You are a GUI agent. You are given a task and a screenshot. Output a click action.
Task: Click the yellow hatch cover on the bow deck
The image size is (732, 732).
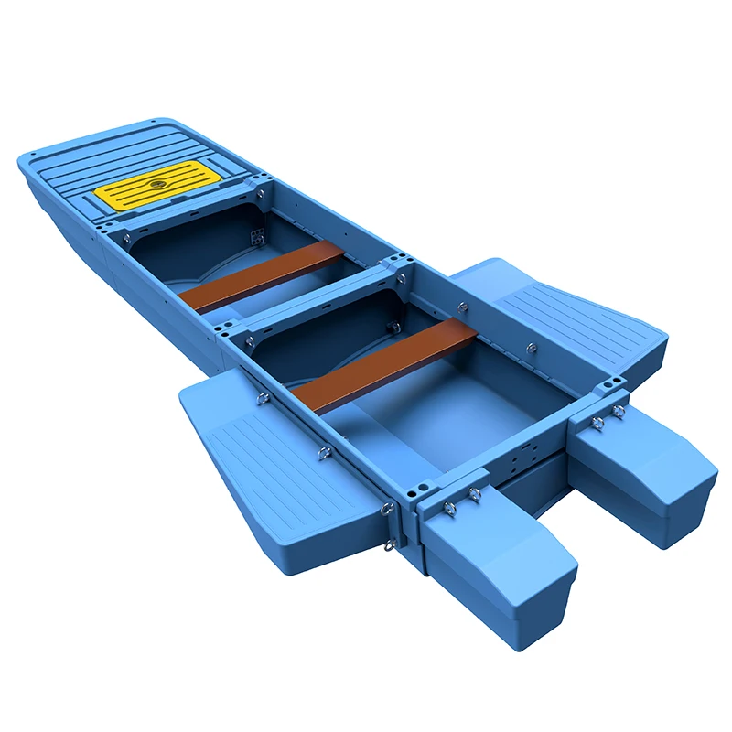point(150,186)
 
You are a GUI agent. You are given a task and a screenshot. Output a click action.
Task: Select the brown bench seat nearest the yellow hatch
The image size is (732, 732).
point(262,277)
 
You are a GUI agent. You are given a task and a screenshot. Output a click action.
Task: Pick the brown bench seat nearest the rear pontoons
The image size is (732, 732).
point(385,364)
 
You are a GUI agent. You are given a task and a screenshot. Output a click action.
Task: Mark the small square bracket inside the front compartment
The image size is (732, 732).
point(257,235)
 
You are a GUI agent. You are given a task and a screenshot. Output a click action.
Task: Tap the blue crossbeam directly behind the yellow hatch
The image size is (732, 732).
point(183,216)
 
